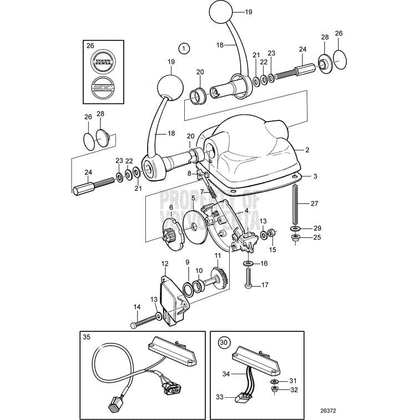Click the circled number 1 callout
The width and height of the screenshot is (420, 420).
[184, 48]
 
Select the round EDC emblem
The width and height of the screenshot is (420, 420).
[104, 88]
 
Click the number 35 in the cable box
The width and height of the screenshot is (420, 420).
[87, 337]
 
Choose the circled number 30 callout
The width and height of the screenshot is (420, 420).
[223, 342]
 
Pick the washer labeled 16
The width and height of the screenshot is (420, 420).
[247, 263]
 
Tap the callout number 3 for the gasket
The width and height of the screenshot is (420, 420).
[315, 176]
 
